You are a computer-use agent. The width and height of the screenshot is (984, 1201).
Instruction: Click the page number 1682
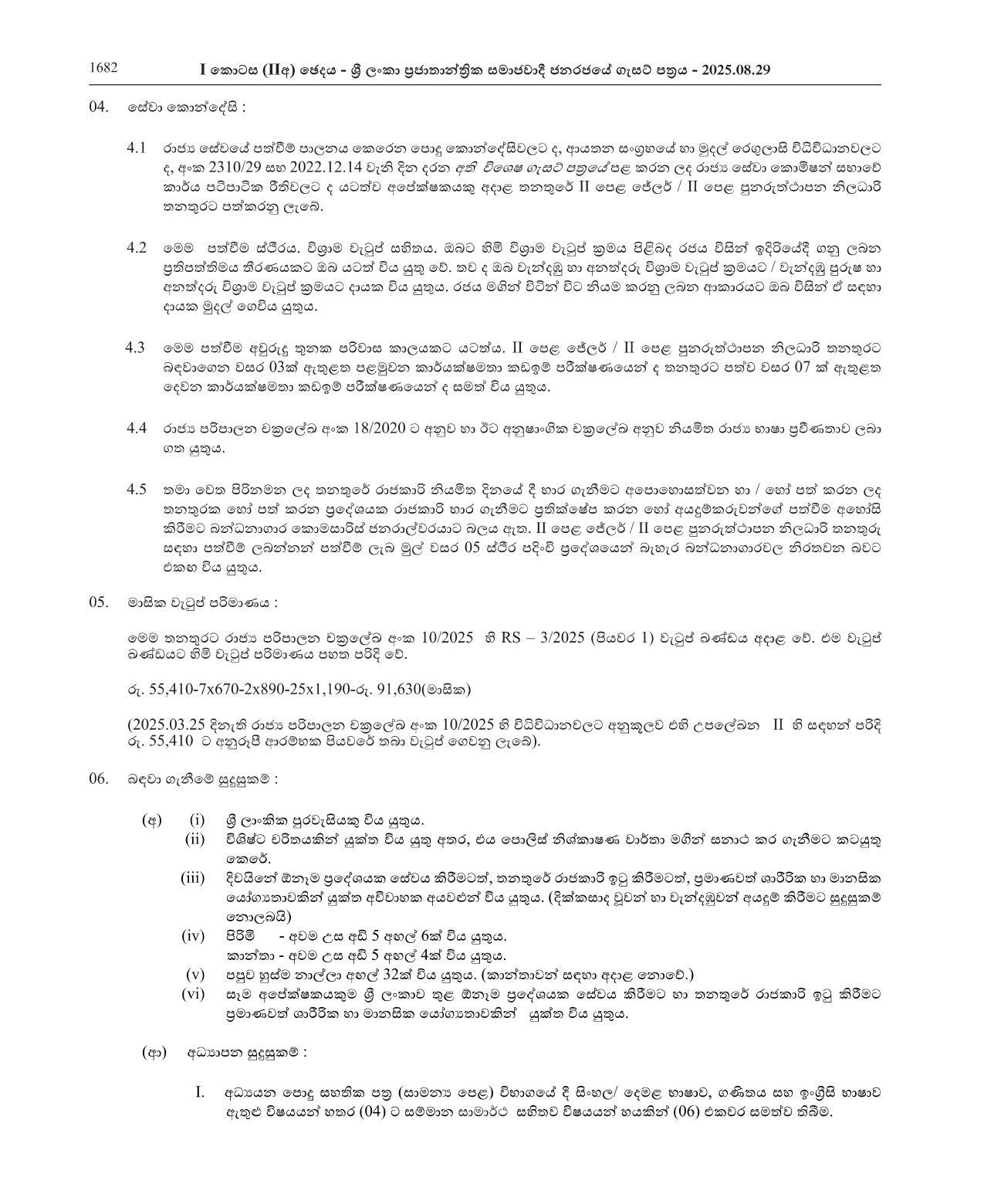coord(103,67)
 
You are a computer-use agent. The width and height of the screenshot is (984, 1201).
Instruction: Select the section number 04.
coord(100,107)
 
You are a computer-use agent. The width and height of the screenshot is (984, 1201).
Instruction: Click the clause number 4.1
coord(137,147)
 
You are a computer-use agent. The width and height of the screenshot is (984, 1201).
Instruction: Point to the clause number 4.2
coord(137,247)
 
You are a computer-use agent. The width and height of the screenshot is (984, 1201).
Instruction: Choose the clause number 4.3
coord(136,348)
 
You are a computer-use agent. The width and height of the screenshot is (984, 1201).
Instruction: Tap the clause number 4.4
coord(137,428)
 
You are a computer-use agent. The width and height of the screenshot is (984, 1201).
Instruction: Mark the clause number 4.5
coord(137,489)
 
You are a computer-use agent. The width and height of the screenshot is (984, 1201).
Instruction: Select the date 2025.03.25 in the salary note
coord(167,725)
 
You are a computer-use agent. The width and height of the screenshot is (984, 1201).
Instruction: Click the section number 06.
coord(100,779)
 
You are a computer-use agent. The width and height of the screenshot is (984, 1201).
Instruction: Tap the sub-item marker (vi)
coord(192,995)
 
